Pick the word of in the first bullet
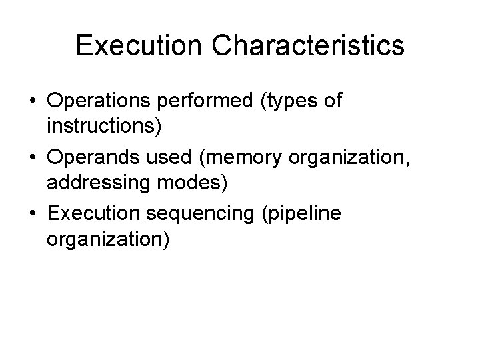(331, 101)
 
